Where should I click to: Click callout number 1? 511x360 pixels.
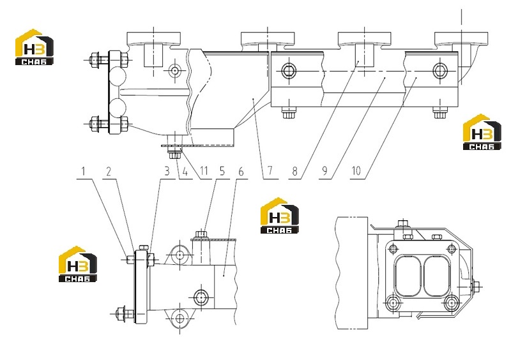84,170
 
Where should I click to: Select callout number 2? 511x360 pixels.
109,170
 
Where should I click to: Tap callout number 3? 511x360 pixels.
167,170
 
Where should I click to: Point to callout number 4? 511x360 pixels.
185,170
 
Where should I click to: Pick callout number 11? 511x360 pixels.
204,170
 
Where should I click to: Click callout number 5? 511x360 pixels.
222,170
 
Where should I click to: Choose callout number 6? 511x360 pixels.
241,170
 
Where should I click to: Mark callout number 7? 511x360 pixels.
270,170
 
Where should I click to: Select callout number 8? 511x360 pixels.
294,170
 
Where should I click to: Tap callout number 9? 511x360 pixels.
324,170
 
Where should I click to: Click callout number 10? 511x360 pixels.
356,170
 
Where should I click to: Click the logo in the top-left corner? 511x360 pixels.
34,47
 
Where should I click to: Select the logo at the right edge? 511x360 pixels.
482,132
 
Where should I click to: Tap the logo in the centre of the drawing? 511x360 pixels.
280,215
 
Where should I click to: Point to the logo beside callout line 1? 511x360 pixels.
77,264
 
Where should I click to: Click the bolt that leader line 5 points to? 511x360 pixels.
201,234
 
